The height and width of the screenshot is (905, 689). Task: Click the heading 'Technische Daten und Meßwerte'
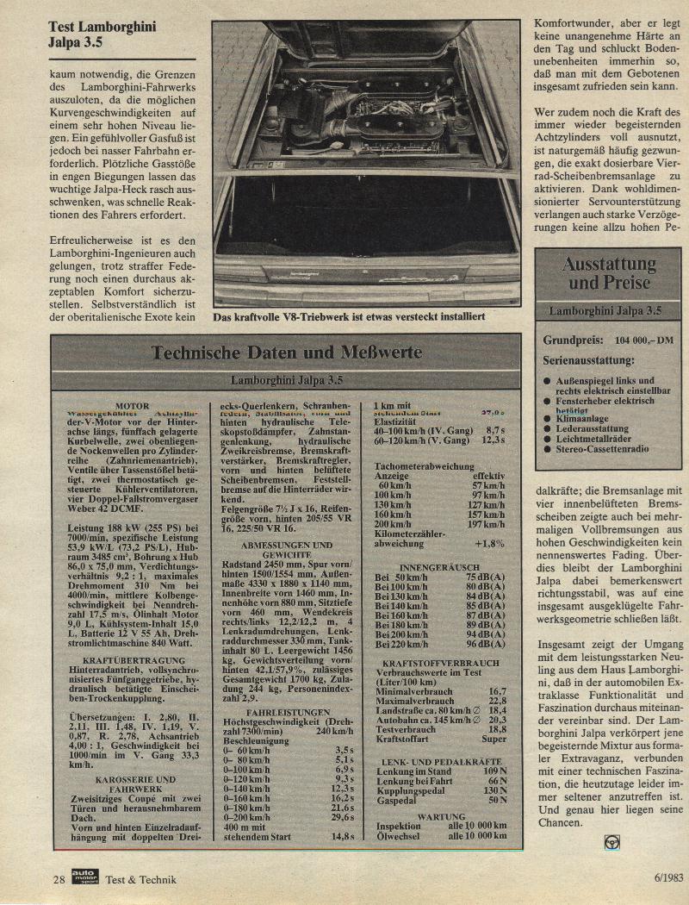click(287, 353)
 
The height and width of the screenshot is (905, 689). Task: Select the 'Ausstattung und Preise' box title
click(609, 273)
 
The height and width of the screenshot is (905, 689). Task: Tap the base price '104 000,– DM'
click(638, 340)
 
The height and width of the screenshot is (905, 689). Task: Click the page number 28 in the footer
click(59, 878)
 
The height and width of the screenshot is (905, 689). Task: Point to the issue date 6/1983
click(663, 878)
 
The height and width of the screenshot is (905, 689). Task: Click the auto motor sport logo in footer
click(86, 878)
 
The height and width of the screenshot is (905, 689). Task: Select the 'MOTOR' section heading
click(132, 406)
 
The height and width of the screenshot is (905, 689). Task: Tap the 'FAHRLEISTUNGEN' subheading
click(287, 713)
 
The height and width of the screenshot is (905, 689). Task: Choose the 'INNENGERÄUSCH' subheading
click(439, 567)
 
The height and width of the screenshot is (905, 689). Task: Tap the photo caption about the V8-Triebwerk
click(349, 317)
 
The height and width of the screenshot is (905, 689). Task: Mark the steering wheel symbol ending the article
click(611, 842)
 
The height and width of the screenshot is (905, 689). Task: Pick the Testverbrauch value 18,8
click(498, 728)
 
